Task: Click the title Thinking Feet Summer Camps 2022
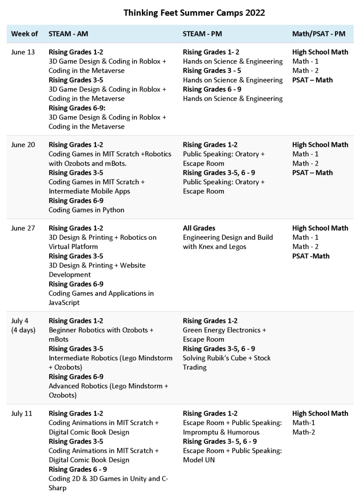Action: [x=194, y=13]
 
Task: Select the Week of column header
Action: [x=24, y=34]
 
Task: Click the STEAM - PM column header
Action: [x=202, y=34]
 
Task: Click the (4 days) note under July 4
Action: [x=26, y=330]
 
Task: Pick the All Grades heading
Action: [x=199, y=228]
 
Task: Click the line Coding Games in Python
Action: [x=86, y=210]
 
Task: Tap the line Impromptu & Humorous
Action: [x=221, y=432]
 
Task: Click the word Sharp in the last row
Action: [x=58, y=488]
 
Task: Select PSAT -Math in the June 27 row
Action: [x=311, y=256]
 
